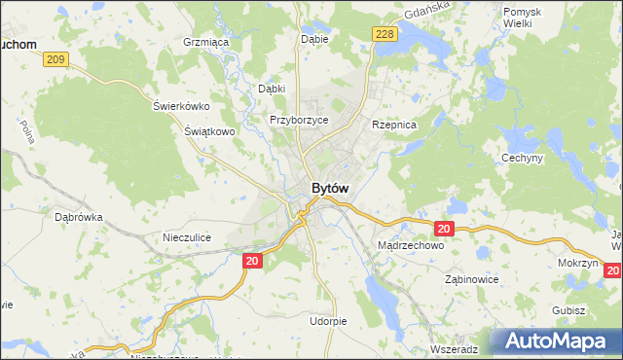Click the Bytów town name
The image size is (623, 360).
click(331, 188)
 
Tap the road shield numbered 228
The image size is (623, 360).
click(385, 34)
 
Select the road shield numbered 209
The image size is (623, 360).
click(55, 60)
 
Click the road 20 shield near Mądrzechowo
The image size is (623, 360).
click(444, 229)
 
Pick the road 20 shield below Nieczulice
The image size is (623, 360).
click(252, 260)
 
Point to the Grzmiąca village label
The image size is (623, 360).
click(205, 43)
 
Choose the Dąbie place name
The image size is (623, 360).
click(314, 39)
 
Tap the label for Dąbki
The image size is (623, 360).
click(272, 89)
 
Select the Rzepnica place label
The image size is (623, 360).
click(394, 126)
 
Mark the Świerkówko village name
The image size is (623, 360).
click(182, 106)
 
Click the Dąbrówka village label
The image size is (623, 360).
click(79, 218)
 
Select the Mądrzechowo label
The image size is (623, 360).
click(410, 246)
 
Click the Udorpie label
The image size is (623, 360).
click(328, 321)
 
